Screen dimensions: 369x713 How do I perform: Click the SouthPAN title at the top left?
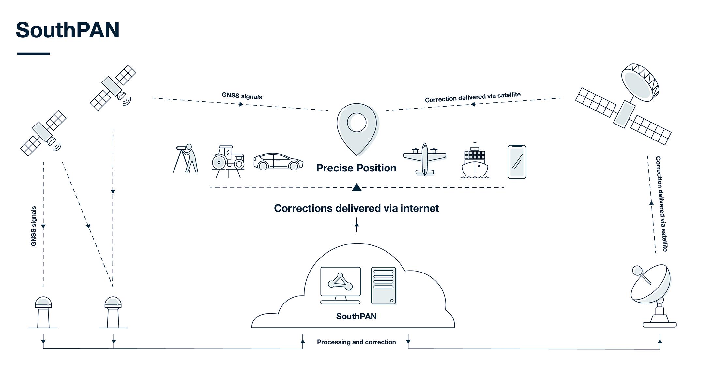pyautogui.click(x=68, y=30)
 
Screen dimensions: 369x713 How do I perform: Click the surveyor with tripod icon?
pyautogui.click(x=186, y=158)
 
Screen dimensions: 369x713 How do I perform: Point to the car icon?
pyautogui.click(x=278, y=161)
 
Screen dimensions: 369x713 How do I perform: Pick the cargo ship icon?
pyautogui.click(x=475, y=161)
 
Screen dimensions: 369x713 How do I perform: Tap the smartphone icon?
pyautogui.click(x=517, y=162)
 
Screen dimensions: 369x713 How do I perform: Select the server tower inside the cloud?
pyautogui.click(x=384, y=286)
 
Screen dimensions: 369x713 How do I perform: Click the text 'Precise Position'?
pyautogui.click(x=356, y=168)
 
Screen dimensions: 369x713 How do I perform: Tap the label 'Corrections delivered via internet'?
pyautogui.click(x=356, y=208)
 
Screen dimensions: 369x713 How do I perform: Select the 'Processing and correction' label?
pyautogui.click(x=356, y=342)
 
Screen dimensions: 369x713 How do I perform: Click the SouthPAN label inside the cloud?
pyautogui.click(x=356, y=316)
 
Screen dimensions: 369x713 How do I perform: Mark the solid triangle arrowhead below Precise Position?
pyautogui.click(x=356, y=187)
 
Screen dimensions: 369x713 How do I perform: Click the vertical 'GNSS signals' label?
pyautogui.click(x=33, y=226)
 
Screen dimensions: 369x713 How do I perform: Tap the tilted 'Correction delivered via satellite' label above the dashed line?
pyautogui.click(x=473, y=97)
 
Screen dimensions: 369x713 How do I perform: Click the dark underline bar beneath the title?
pyautogui.click(x=33, y=54)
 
